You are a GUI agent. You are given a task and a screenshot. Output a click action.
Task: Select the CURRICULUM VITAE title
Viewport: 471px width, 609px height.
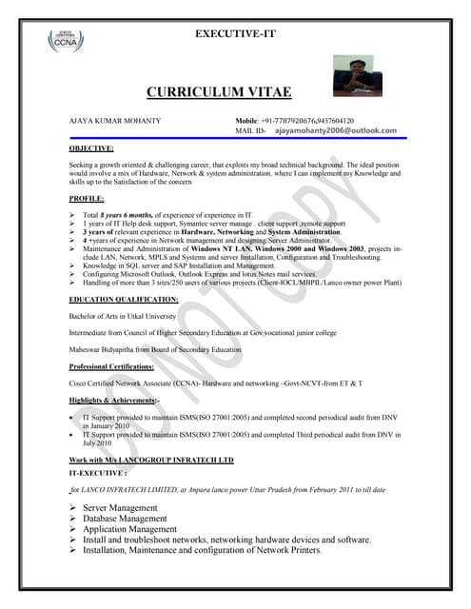(219, 91)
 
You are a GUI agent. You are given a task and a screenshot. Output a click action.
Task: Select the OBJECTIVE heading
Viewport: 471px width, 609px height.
(91, 148)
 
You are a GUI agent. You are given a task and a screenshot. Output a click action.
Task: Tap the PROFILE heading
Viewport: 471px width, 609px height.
(87, 198)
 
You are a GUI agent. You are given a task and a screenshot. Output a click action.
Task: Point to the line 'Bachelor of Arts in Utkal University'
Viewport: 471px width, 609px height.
(124, 316)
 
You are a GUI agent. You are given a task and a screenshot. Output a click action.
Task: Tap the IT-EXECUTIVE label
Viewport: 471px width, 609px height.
(98, 472)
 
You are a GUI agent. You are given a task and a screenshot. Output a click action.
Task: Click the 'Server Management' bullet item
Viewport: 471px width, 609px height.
(123, 508)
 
